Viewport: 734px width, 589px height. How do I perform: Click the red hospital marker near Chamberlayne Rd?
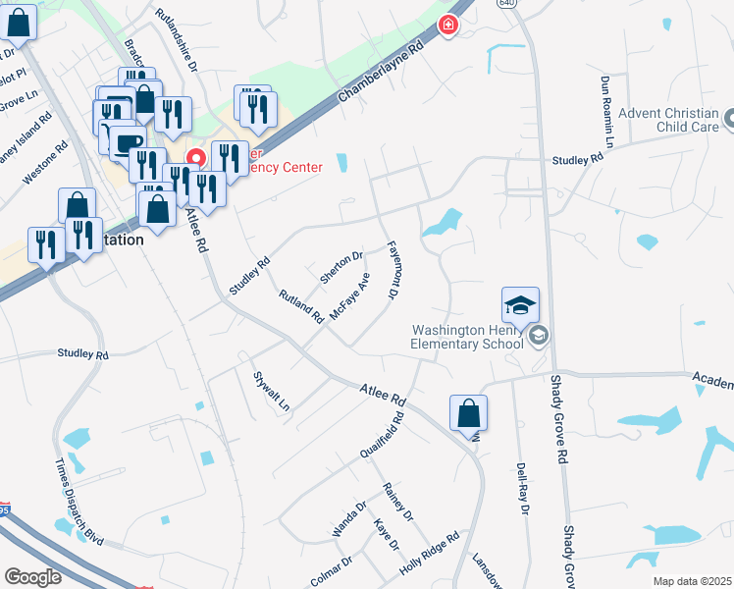448,25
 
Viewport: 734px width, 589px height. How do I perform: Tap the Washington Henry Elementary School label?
467,337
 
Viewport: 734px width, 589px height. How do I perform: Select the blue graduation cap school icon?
521,306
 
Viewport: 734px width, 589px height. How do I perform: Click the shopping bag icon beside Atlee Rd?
469,414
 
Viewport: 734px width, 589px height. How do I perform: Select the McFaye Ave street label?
350,297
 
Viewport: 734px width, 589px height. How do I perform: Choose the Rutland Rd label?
301,306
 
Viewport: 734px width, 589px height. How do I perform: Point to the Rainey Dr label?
398,502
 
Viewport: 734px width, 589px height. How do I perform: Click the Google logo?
32,576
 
